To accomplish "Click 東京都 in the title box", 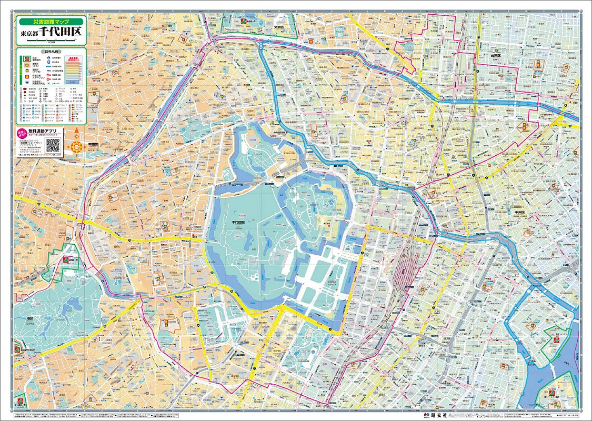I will (x=30, y=34).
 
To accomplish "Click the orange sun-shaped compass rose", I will (x=77, y=147).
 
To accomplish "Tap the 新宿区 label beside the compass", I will (x=94, y=144).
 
